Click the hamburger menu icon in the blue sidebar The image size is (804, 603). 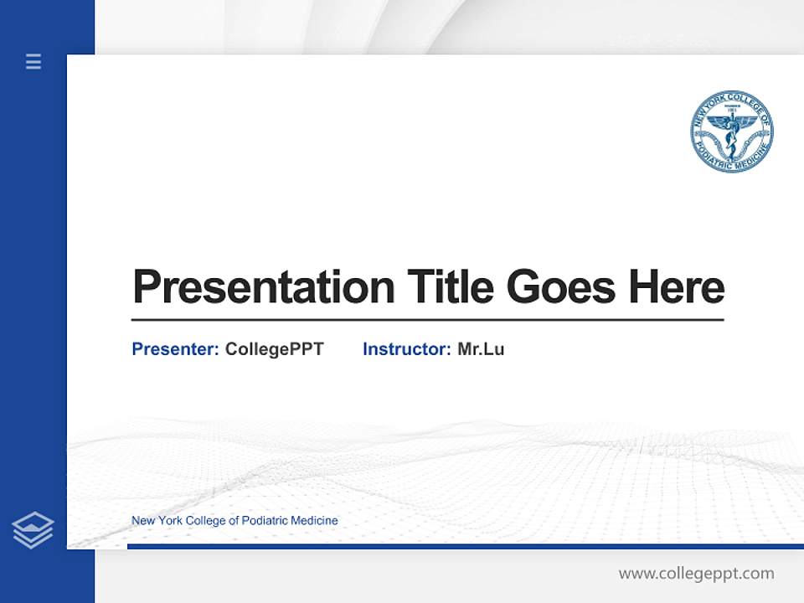(x=33, y=61)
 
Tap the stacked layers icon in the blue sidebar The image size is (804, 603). (x=33, y=530)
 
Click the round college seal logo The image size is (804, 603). (x=731, y=132)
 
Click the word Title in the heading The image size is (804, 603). (x=450, y=286)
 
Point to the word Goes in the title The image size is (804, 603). (x=562, y=287)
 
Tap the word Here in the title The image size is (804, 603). (x=676, y=286)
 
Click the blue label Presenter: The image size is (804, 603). (x=175, y=349)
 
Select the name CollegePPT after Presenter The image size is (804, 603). (x=274, y=349)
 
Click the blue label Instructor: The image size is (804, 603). (x=406, y=349)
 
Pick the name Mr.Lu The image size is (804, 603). (x=481, y=349)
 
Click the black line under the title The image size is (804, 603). (x=427, y=319)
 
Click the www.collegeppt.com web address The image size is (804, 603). (x=696, y=574)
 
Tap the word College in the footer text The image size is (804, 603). (x=205, y=521)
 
